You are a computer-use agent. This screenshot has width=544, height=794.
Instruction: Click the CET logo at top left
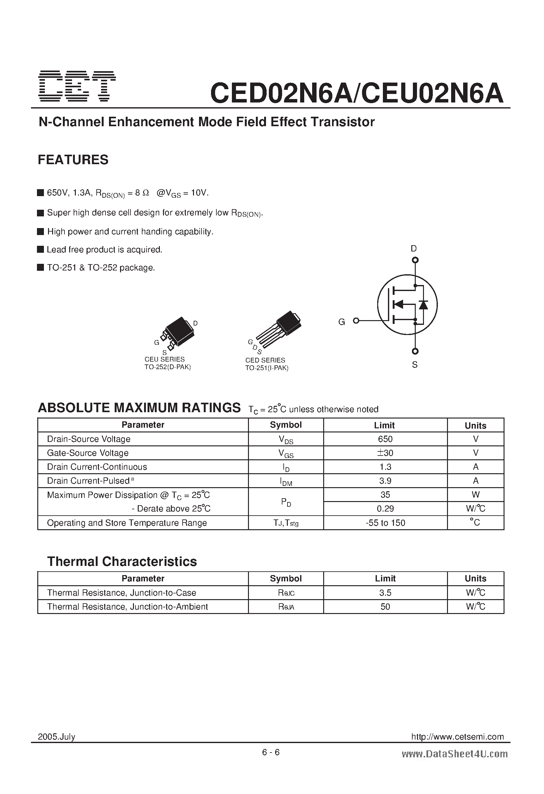point(77,86)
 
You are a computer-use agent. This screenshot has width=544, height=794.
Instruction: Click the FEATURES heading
point(73,160)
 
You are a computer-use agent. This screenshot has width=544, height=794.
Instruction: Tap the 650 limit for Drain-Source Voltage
point(385,439)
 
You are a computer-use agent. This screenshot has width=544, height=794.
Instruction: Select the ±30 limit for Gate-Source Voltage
point(385,453)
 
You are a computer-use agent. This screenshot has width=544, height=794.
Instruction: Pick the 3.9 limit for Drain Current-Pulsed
point(385,481)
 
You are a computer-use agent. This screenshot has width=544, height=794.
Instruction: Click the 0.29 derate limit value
point(385,509)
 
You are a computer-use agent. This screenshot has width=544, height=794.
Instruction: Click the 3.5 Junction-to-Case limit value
point(385,593)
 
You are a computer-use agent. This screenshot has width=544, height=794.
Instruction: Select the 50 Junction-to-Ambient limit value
point(385,607)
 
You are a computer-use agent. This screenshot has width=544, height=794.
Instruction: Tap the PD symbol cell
point(286,502)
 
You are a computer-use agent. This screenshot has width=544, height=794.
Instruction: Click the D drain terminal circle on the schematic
point(415,260)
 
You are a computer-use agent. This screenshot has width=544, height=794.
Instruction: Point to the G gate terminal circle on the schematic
point(356,320)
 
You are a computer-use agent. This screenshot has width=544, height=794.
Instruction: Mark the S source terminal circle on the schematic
point(415,351)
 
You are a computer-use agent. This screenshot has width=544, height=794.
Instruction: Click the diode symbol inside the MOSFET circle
point(423,304)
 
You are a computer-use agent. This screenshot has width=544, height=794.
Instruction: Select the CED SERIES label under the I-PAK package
point(265,360)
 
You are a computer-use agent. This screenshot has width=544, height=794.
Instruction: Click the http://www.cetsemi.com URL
point(457,737)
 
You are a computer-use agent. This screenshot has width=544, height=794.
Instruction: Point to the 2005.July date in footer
point(56,737)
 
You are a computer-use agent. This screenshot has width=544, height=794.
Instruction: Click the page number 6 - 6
point(271,752)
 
